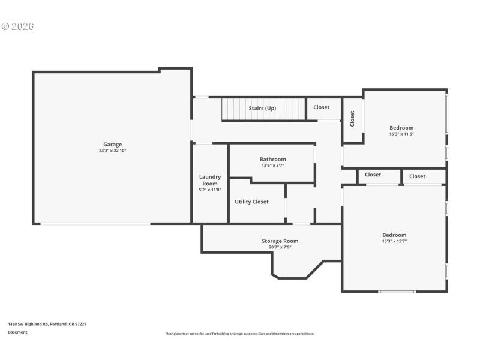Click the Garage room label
[x=112, y=144]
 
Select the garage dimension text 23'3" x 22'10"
[x=112, y=151]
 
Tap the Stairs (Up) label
[x=262, y=108]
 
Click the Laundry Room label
[x=210, y=180]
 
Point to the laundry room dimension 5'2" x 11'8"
[x=210, y=190]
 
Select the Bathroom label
[x=272, y=159]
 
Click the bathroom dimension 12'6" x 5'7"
[x=272, y=166]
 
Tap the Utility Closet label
[x=251, y=202]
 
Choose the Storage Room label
[x=280, y=241]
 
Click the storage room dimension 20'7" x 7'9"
[x=280, y=247]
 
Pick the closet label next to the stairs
[x=321, y=107]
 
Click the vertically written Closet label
[x=352, y=119]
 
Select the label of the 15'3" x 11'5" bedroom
[x=401, y=127]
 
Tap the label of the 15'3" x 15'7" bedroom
[x=394, y=235]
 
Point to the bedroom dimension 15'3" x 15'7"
[x=394, y=241]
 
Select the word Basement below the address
[x=17, y=332]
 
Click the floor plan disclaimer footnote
[x=239, y=334]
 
